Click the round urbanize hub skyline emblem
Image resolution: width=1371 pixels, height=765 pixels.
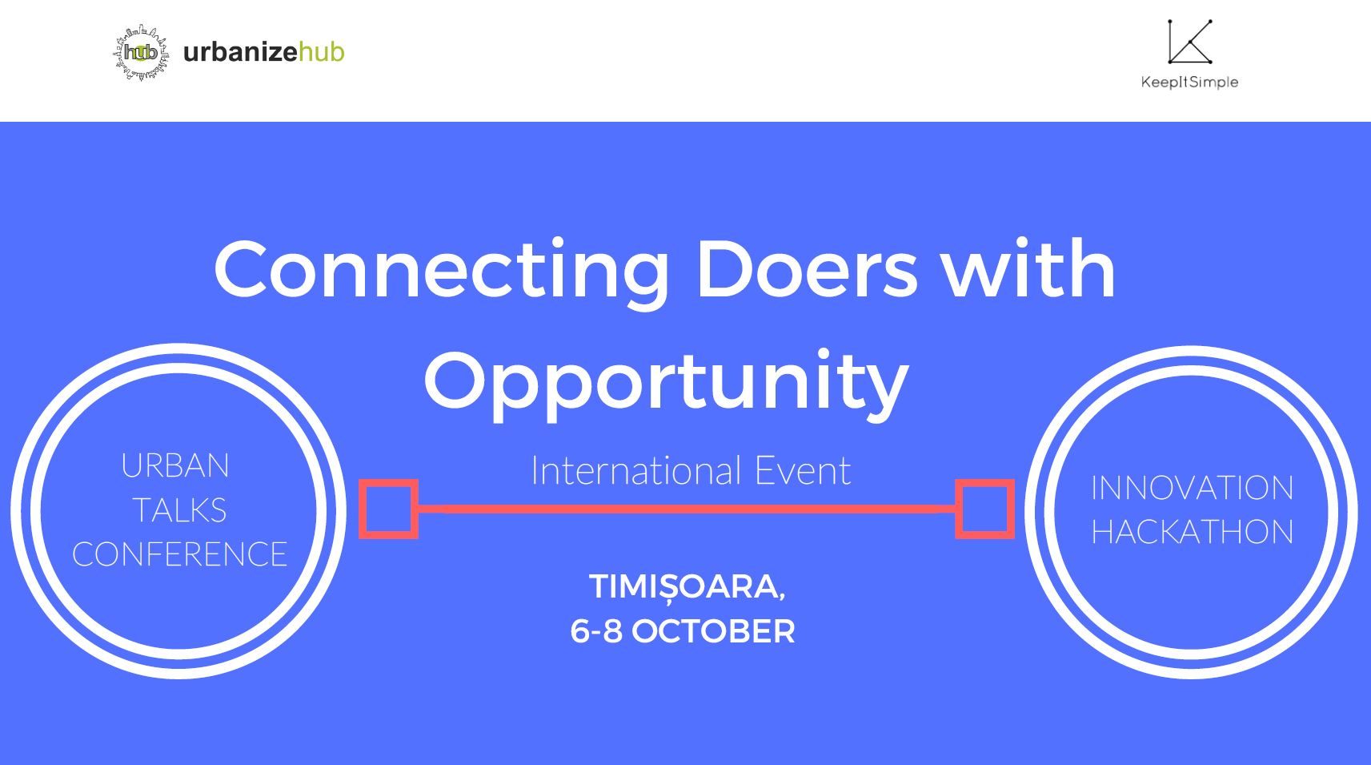click(142, 53)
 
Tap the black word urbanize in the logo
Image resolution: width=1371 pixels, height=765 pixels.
click(241, 52)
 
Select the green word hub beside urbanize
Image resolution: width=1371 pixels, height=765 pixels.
click(321, 52)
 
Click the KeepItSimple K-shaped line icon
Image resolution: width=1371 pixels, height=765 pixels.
click(1190, 42)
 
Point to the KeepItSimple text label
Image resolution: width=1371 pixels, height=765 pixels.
click(1189, 82)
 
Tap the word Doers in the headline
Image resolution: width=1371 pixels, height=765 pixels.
click(807, 269)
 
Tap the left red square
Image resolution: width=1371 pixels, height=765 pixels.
click(389, 509)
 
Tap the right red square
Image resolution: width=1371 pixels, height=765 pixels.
click(984, 509)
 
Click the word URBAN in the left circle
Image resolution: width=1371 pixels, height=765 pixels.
click(175, 465)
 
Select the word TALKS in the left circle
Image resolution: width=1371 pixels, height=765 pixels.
click(179, 509)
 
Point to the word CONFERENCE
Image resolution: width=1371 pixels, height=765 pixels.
click(179, 554)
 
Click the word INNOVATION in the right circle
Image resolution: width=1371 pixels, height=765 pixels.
click(1193, 488)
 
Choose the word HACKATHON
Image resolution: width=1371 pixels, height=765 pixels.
click(1193, 532)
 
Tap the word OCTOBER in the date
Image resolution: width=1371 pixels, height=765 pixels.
click(713, 631)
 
